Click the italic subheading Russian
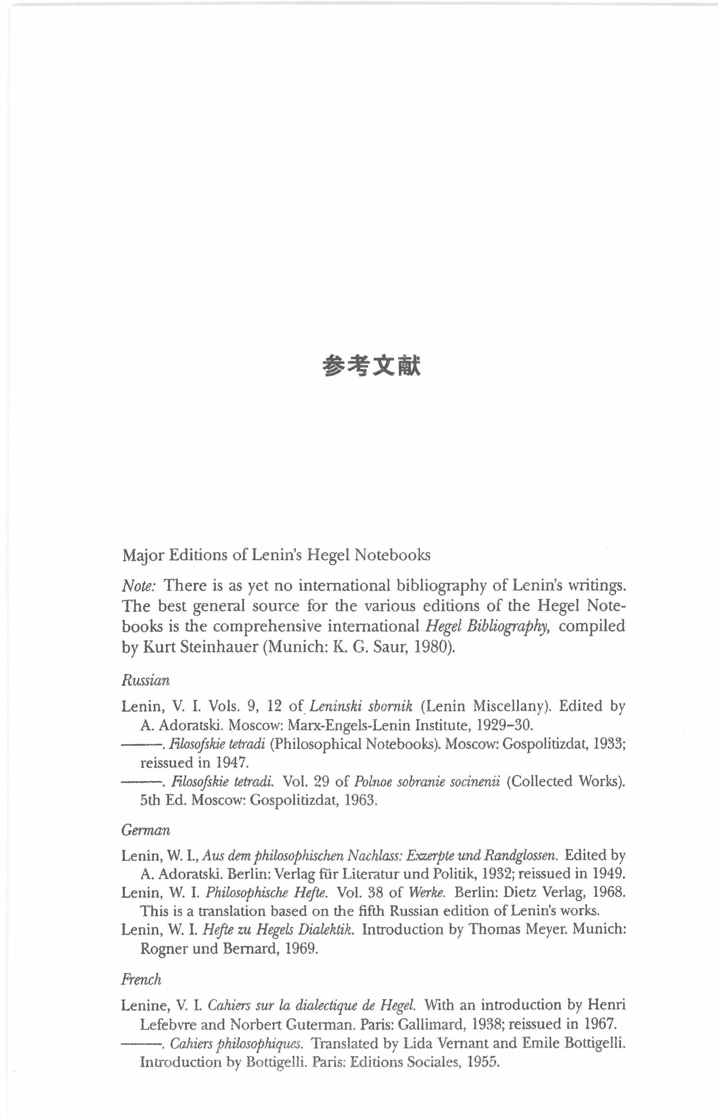click(146, 680)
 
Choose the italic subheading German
click(146, 830)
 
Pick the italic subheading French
click(141, 979)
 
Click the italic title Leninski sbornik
click(360, 706)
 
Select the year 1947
click(231, 763)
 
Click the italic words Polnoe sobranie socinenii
click(426, 781)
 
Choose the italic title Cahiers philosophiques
click(236, 1043)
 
